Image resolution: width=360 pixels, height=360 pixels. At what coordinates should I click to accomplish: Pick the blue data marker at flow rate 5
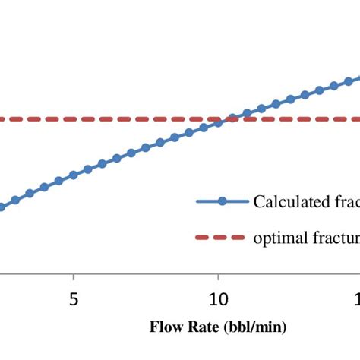[x=73, y=175]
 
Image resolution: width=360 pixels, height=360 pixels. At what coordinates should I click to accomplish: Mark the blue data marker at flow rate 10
[x=218, y=122]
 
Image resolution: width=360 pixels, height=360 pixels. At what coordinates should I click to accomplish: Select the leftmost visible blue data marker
[x=2, y=206]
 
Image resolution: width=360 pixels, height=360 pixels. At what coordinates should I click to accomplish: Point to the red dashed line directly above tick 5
[x=73, y=119]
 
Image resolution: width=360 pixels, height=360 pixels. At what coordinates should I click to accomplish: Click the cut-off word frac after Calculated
[x=344, y=201]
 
